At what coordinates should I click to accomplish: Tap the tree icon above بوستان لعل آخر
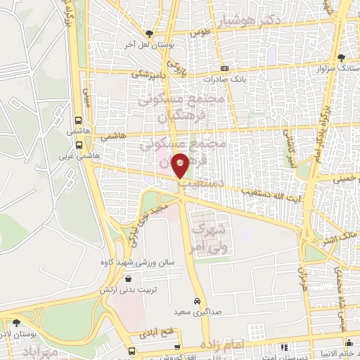(148, 33)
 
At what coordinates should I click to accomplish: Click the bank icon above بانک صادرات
(224, 68)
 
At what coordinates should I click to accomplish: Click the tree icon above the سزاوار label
(341, 58)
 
